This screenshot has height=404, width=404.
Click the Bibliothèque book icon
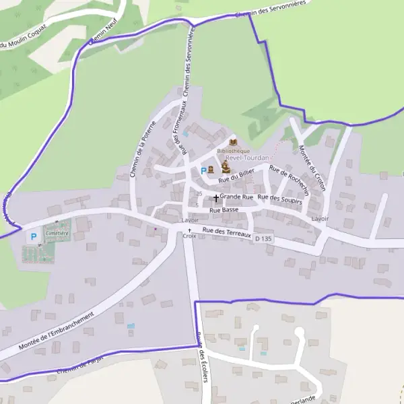[233, 142]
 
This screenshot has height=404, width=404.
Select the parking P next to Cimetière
[32, 237]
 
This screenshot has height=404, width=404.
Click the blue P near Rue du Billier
[203, 170]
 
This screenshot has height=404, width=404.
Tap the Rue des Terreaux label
[226, 232]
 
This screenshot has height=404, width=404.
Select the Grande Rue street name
[236, 197]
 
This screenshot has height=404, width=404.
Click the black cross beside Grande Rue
[215, 198]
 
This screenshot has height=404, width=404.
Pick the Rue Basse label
[224, 210]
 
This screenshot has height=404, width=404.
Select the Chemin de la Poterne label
[142, 149]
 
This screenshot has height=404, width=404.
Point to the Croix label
[189, 236]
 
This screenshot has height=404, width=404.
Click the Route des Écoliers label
[202, 357]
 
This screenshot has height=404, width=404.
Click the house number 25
[199, 193]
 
